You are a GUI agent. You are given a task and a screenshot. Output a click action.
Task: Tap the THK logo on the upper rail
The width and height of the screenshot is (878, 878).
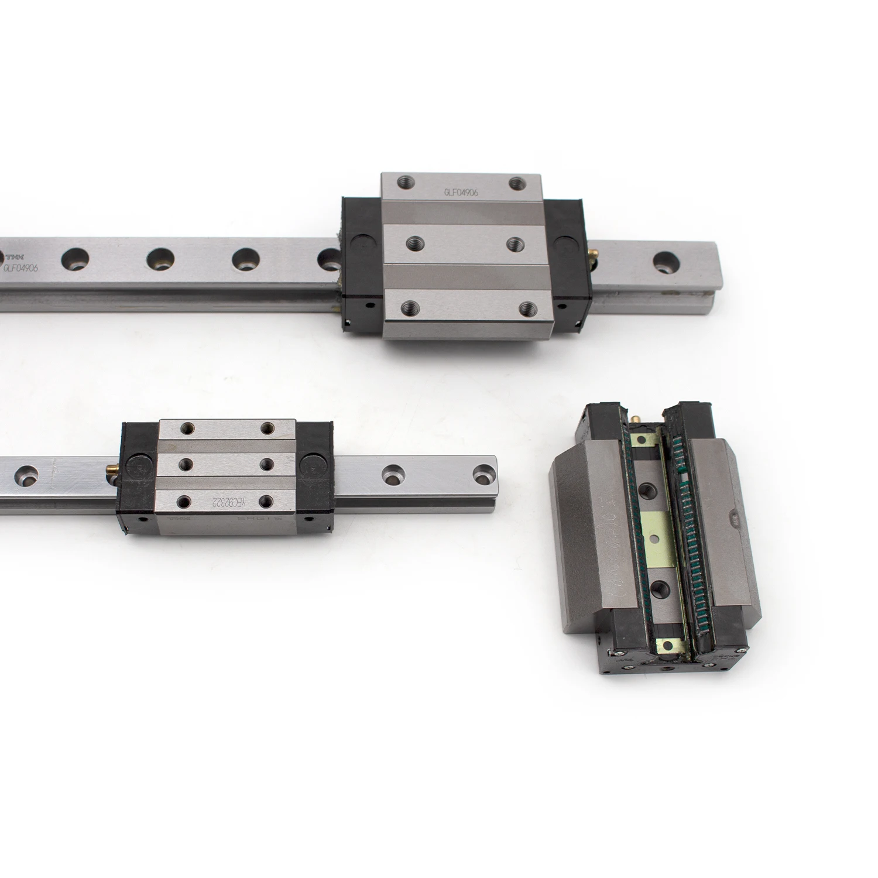point(18,257)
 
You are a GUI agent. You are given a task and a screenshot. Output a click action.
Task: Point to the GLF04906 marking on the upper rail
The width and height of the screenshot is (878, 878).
point(21,269)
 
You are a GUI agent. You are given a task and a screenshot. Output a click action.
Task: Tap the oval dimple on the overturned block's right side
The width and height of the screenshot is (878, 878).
point(731,517)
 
